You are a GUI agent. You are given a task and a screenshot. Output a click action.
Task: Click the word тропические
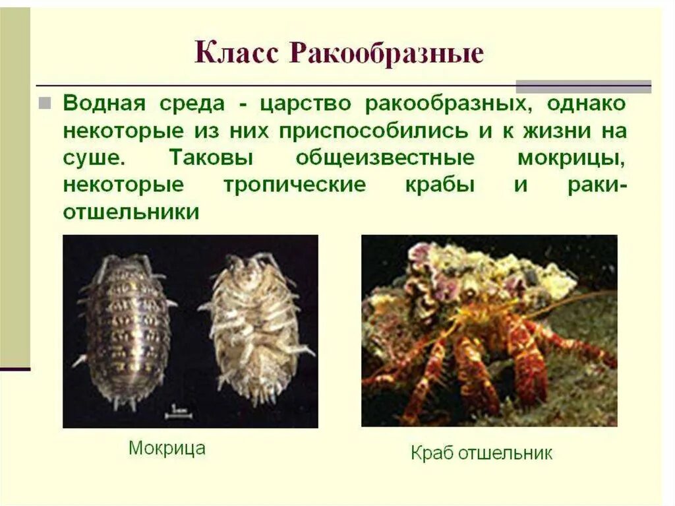tap(294, 185)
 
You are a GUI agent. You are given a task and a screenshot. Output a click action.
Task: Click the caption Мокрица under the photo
tap(167, 449)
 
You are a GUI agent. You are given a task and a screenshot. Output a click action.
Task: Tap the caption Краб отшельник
tap(481, 453)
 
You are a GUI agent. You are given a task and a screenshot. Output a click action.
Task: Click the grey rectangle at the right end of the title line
tap(583, 86)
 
